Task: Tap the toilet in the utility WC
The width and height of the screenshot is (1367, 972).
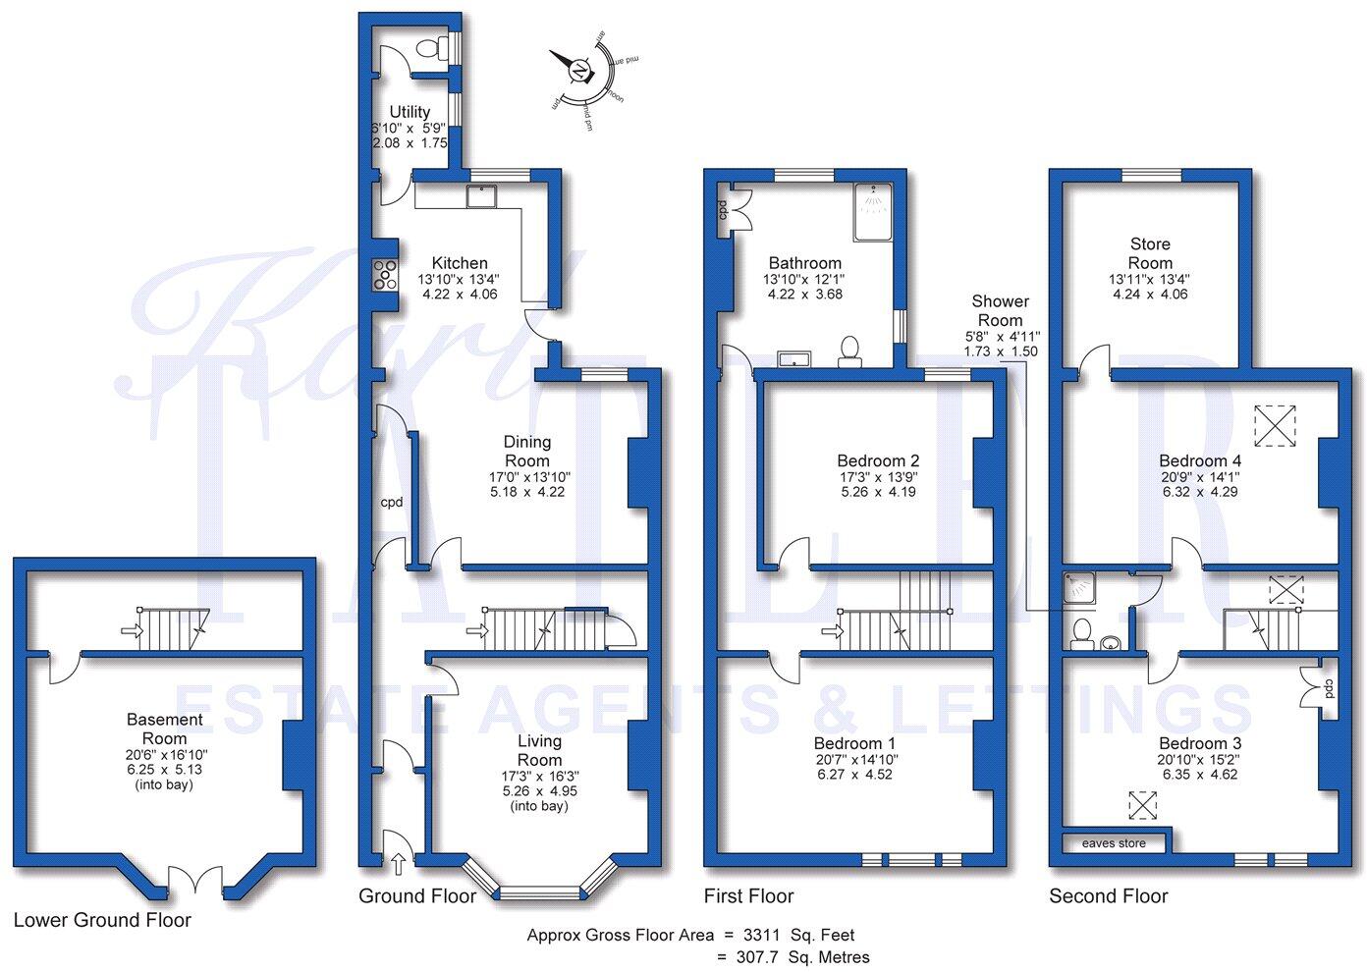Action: coord(428,48)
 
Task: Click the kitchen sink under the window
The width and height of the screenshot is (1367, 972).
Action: coord(481,196)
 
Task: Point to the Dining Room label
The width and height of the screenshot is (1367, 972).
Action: coord(527,452)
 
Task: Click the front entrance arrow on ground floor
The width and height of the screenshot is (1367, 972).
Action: coord(398,863)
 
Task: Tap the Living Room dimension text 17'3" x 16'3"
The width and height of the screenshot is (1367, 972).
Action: coord(539,776)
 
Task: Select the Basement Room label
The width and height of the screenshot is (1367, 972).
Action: coord(164,729)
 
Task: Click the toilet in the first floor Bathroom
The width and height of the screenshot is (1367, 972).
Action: coord(850,350)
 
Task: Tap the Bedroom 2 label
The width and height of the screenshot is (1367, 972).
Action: coord(878,460)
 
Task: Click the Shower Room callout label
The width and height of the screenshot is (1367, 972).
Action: coord(1000,310)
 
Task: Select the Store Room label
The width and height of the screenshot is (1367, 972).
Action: coord(1150,253)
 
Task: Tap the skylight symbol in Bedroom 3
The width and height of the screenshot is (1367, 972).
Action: coord(1142,804)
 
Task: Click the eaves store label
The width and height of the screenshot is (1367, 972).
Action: coord(1114,843)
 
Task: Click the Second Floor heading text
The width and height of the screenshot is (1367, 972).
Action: coord(1108,895)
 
